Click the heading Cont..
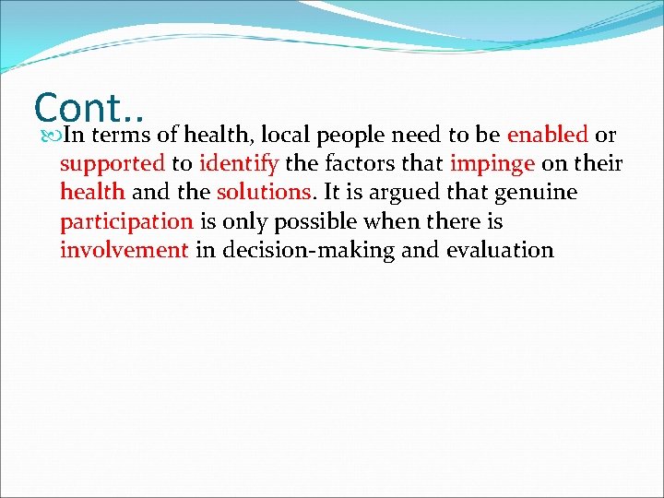(x=89, y=108)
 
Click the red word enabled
(x=547, y=136)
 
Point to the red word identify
(x=238, y=164)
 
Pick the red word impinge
(x=492, y=164)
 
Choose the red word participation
(x=126, y=221)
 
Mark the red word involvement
(x=124, y=250)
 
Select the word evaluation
(x=500, y=250)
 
